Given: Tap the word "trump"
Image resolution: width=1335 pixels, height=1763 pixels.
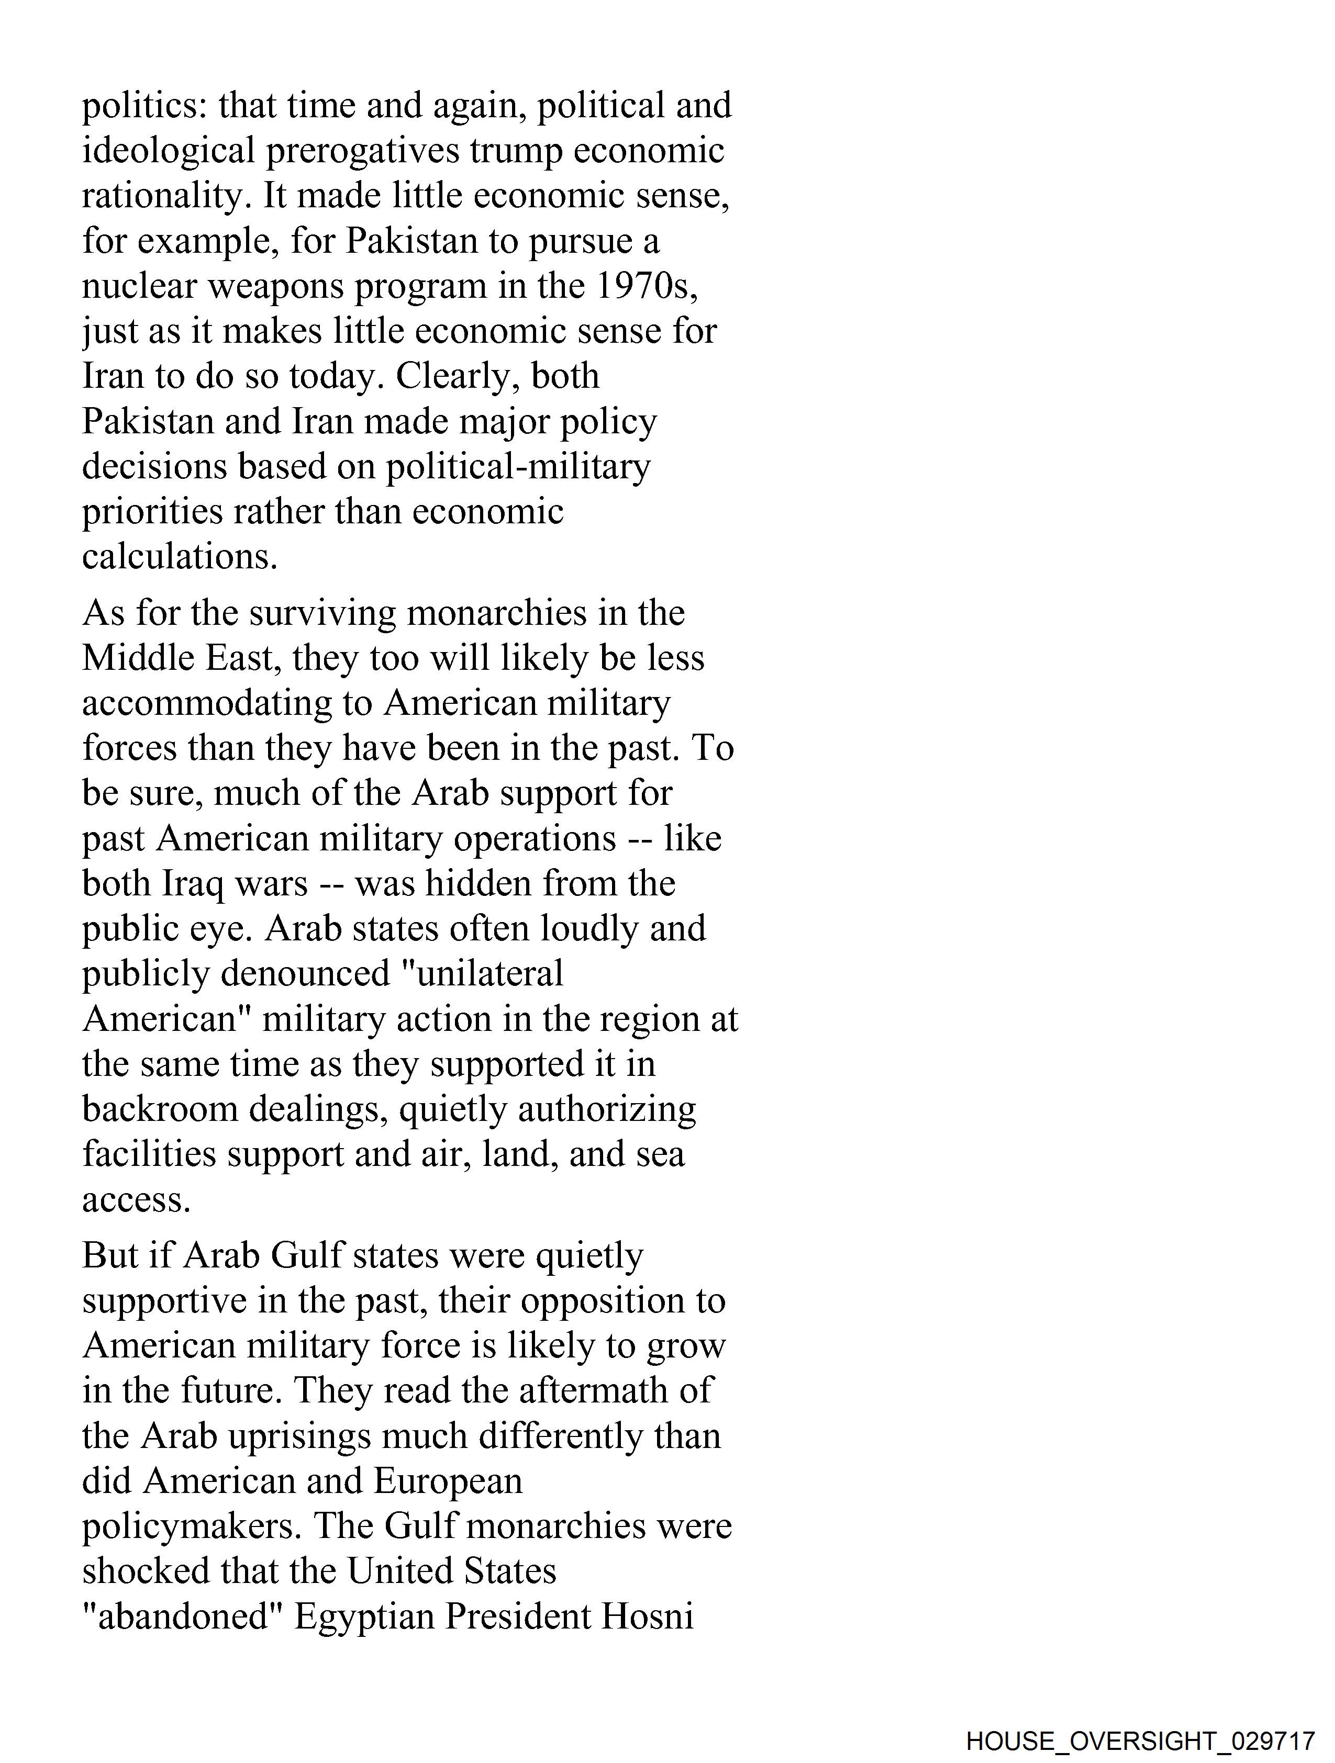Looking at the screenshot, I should [x=515, y=151].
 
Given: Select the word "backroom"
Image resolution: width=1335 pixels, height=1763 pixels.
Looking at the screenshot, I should [x=160, y=1109].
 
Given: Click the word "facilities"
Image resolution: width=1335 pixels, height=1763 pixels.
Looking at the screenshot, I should [x=149, y=1154].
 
